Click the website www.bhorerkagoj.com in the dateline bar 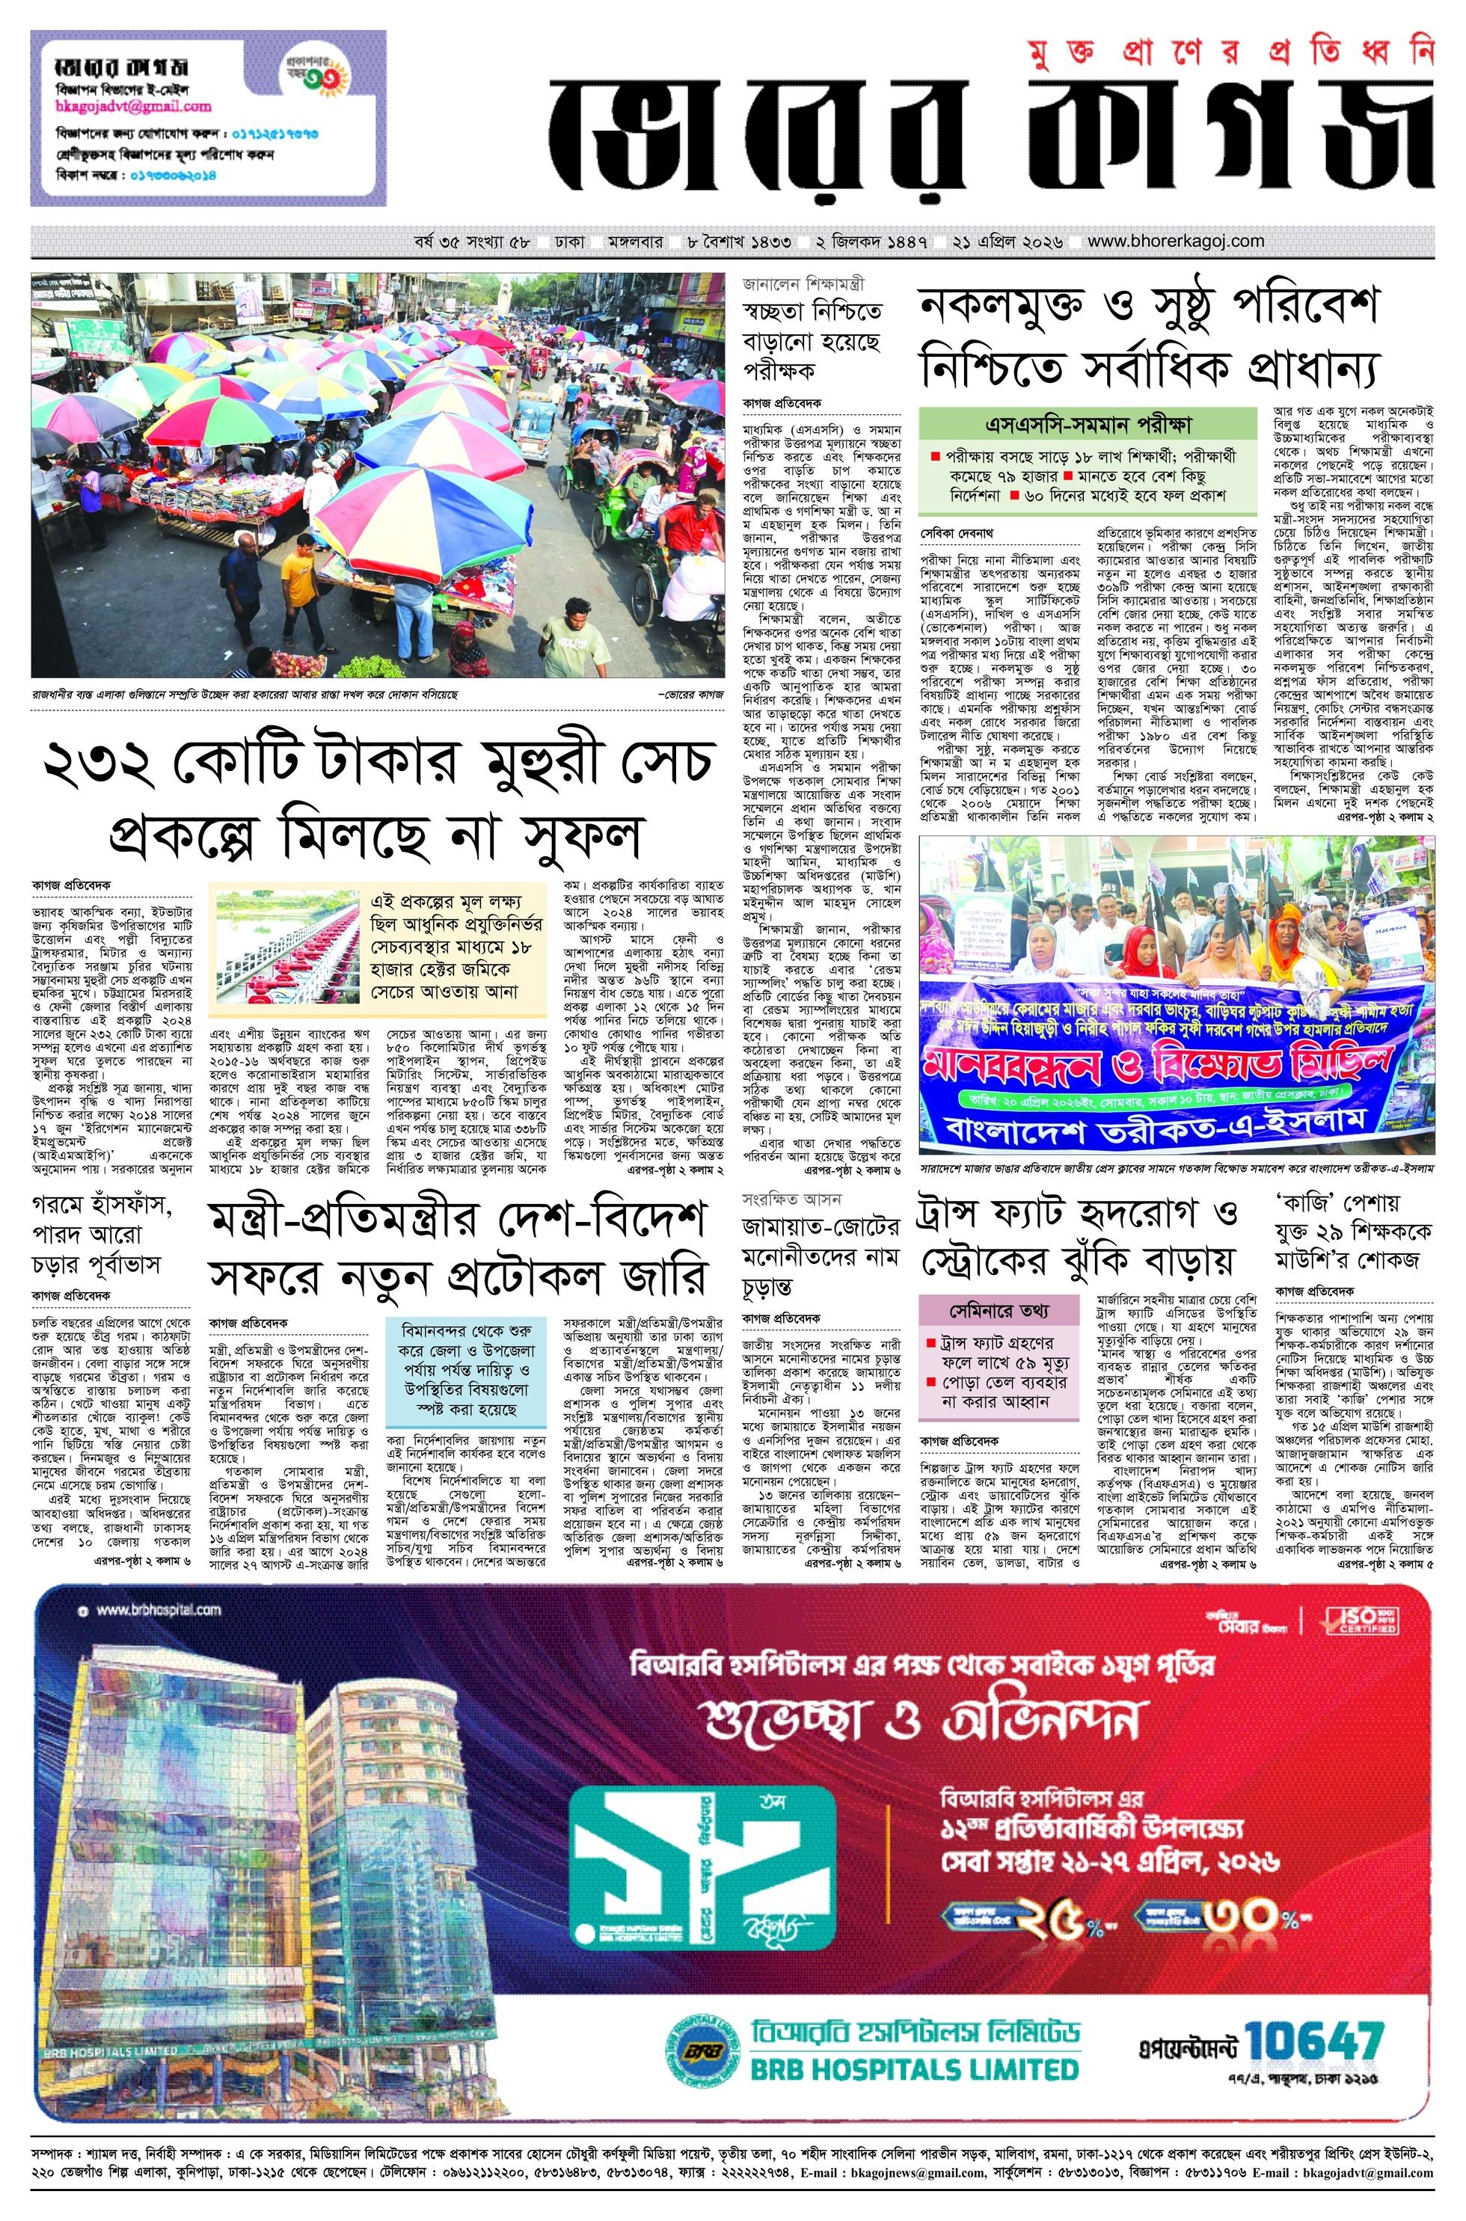coord(1175,241)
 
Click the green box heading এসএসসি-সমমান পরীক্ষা coord(1088,423)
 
